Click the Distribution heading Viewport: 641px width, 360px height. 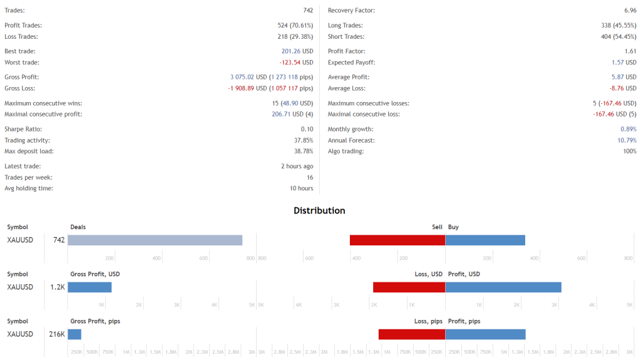click(319, 210)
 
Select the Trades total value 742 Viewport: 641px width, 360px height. click(308, 11)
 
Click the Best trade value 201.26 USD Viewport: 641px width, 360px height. click(297, 51)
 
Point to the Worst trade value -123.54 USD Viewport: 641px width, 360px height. click(296, 63)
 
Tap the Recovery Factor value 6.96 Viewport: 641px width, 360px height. click(630, 11)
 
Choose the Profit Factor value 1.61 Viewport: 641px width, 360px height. click(630, 51)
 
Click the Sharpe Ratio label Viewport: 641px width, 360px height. click(23, 129)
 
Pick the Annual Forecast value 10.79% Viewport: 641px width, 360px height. click(627, 140)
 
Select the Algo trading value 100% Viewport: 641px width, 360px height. click(630, 151)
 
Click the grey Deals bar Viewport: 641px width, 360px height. click(155, 240)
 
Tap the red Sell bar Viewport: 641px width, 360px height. click(397, 240)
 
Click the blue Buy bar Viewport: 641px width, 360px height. click(485, 240)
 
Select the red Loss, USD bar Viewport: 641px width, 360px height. click(409, 287)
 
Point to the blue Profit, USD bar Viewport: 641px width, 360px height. click(503, 287)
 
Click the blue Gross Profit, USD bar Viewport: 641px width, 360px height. click(90, 287)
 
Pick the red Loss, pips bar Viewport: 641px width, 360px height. click(412, 334)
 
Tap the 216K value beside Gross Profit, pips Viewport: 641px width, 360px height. click(57, 334)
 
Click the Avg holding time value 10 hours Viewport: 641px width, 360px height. click(301, 188)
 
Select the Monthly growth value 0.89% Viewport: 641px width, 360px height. click(628, 129)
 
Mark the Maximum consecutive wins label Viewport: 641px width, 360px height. click(43, 103)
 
